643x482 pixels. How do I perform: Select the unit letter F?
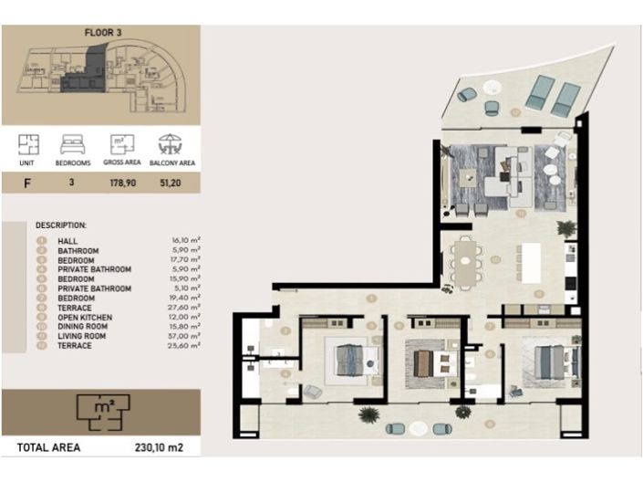tap(28, 183)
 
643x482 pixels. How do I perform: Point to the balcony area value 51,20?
tap(167, 183)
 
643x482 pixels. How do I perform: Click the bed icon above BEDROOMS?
tap(73, 144)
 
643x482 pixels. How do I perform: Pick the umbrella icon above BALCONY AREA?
tap(167, 144)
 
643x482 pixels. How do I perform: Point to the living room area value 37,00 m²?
tap(185, 336)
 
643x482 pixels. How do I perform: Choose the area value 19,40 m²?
tap(185, 299)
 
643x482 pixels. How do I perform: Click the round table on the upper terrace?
tap(493, 89)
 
